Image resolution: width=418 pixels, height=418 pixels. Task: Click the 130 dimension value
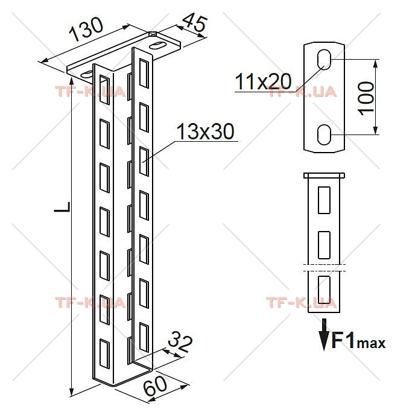86,30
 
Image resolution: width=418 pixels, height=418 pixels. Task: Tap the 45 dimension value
195,23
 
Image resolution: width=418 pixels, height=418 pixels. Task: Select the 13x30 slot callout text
205,131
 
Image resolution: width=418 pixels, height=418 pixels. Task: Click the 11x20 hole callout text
264,81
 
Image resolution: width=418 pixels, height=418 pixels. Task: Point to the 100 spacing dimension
366,98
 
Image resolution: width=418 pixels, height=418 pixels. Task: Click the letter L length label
62,207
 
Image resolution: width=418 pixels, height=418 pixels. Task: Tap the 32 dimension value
180,341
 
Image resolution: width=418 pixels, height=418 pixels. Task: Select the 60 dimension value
156,386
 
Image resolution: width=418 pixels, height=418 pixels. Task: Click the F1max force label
358,341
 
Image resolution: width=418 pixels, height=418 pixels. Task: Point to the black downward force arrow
324,334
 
